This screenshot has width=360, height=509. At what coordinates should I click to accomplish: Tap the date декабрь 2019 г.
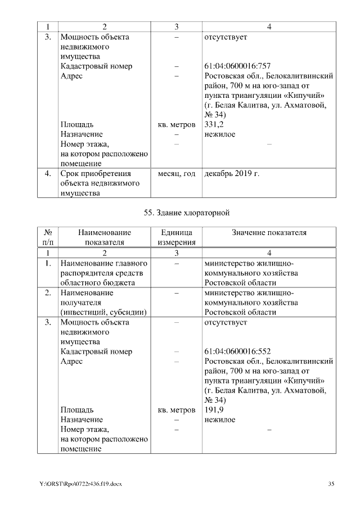pyautogui.click(x=232, y=174)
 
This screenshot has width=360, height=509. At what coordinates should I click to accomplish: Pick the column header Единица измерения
pyautogui.click(x=176, y=237)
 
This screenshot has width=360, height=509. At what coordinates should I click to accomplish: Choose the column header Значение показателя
pyautogui.click(x=269, y=233)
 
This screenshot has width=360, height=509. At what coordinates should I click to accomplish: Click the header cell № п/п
pyautogui.click(x=48, y=237)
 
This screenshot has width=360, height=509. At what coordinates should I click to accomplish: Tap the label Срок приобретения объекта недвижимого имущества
pyautogui.click(x=96, y=183)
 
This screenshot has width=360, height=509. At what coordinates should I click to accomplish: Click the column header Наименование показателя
pyautogui.click(x=104, y=237)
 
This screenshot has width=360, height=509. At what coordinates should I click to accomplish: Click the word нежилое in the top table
pyautogui.click(x=220, y=134)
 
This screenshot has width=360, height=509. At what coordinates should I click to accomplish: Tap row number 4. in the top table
pyautogui.click(x=48, y=174)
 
